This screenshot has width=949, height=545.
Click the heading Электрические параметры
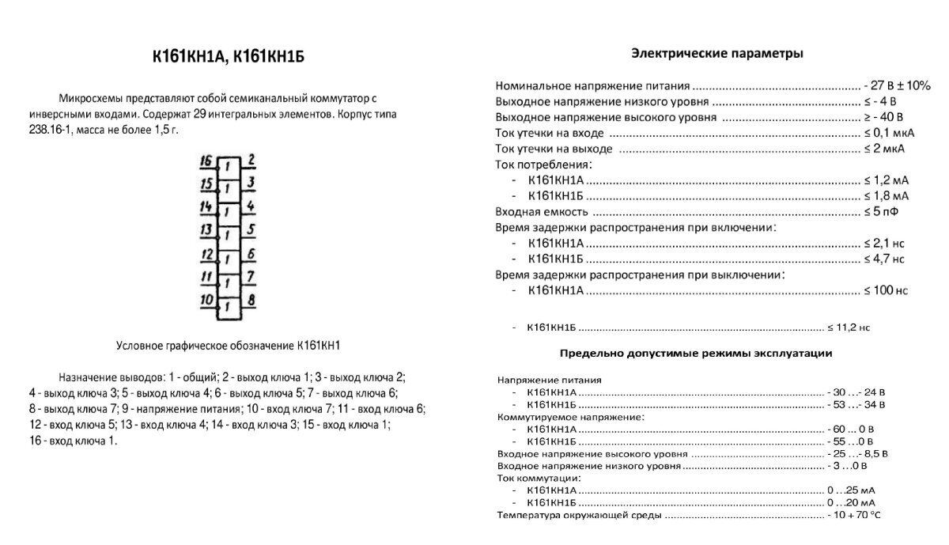click(x=717, y=54)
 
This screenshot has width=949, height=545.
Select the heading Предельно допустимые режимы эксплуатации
click(x=696, y=353)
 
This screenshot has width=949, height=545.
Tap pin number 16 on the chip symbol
click(x=206, y=161)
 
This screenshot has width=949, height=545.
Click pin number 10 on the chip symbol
click(x=206, y=300)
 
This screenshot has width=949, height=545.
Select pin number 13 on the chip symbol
click(x=206, y=230)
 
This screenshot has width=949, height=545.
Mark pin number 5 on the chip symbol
click(x=250, y=230)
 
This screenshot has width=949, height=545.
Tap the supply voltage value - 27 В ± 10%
click(x=897, y=85)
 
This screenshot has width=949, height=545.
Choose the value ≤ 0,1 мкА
click(x=888, y=133)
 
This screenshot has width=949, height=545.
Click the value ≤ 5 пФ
click(x=880, y=212)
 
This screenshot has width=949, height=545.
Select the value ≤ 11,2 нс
click(x=849, y=327)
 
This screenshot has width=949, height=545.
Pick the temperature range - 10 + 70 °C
click(x=853, y=516)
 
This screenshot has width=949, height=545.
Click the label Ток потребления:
click(x=543, y=165)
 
